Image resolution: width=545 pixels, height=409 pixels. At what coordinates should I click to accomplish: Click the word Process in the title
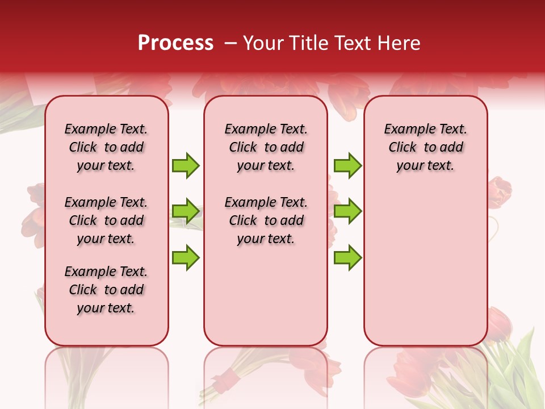(x=175, y=43)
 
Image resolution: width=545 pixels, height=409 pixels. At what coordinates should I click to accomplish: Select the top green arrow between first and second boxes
(x=186, y=166)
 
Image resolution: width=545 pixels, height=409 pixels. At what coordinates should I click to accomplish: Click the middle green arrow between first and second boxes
(x=186, y=211)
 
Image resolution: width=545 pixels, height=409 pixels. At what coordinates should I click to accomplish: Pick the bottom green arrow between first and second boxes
(x=186, y=257)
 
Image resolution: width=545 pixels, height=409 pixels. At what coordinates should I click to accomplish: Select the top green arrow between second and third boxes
(x=347, y=166)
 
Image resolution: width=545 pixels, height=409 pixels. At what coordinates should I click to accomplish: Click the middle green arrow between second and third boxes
(x=347, y=211)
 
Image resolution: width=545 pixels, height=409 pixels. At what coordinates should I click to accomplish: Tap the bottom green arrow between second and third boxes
(x=347, y=257)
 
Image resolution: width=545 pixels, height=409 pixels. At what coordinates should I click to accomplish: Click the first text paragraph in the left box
(x=106, y=147)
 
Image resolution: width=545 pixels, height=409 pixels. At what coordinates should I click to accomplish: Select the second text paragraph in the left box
(x=106, y=220)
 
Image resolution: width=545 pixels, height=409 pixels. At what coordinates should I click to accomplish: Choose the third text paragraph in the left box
(x=106, y=290)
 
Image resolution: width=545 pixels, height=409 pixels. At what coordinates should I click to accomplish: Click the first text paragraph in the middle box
(x=266, y=147)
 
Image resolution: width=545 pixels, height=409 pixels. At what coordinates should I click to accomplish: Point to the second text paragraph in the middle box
(x=266, y=220)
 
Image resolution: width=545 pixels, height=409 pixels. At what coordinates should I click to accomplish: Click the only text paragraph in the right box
(x=426, y=147)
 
